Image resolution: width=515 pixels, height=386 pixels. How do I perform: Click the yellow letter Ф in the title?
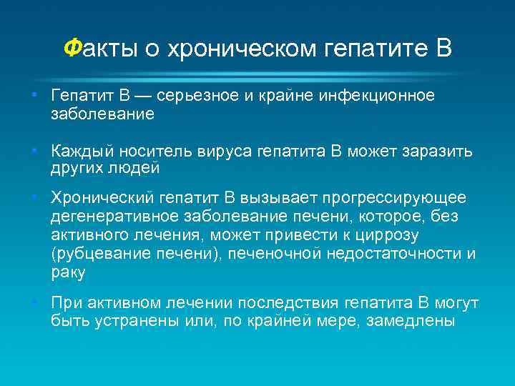(x=72, y=49)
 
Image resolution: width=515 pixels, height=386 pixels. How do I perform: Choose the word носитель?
(x=152, y=152)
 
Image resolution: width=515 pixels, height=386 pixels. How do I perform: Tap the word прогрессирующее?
(x=394, y=197)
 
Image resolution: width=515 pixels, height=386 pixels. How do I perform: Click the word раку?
(x=68, y=272)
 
